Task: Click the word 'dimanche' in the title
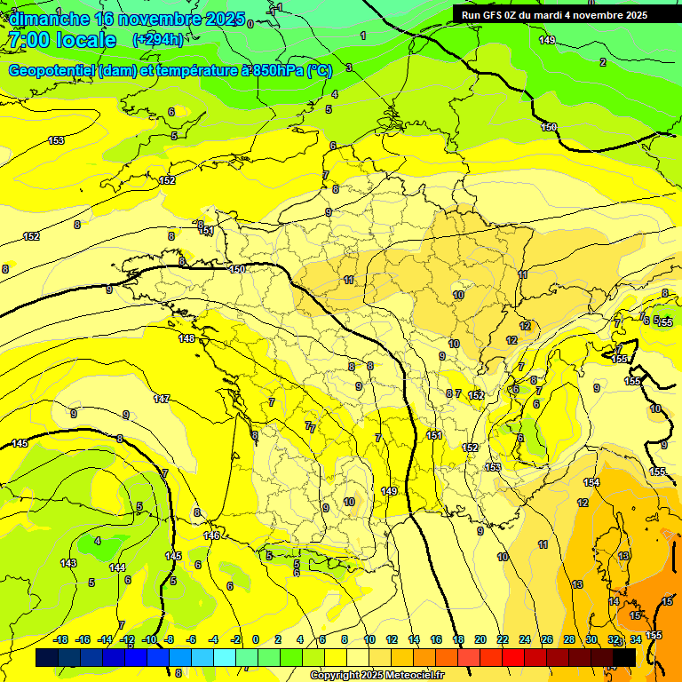[49, 18]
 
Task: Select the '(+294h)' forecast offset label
[159, 40]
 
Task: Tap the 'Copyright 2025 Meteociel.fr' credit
[377, 675]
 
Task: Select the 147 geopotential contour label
[162, 399]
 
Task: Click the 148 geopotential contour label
[186, 338]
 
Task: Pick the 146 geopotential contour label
[211, 535]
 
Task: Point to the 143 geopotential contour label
[68, 564]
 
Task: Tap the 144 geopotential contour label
[117, 567]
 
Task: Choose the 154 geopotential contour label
[591, 482]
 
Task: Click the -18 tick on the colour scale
[60, 640]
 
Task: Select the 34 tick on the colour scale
[636, 640]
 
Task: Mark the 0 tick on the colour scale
[256, 640]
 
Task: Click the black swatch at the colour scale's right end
[624, 657]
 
